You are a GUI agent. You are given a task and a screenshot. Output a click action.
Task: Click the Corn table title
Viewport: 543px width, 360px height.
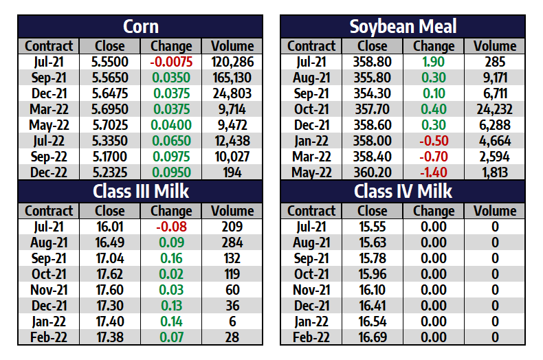pos(140,27)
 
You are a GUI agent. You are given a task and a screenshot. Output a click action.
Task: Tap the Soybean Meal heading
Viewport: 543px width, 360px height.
pos(403,27)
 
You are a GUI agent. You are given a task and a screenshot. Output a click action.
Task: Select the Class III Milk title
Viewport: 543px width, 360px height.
pos(140,191)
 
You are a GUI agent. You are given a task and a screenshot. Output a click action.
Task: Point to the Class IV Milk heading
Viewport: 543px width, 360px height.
pos(403,191)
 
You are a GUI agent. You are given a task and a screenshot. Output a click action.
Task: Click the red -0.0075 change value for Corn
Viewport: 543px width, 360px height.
pos(170,62)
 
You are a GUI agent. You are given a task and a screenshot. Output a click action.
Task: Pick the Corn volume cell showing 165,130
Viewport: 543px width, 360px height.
pos(232,78)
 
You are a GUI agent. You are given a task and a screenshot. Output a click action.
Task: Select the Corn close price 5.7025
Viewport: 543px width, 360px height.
pos(109,125)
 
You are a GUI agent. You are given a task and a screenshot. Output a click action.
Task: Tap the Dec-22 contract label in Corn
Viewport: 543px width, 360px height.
pos(49,172)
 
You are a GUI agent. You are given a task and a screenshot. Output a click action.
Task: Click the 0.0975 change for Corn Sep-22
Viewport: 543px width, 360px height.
pos(170,157)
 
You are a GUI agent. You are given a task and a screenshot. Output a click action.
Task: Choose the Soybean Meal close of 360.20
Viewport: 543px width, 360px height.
pos(373,172)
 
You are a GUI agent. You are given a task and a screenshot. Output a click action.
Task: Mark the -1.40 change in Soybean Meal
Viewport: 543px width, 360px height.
pos(434,172)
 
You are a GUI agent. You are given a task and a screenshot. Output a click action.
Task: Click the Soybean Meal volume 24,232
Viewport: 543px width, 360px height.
pos(495,109)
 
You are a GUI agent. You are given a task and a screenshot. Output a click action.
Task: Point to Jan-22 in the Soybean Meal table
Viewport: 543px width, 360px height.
pos(311,141)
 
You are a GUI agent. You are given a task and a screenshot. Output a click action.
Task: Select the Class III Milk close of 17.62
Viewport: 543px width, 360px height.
pos(109,274)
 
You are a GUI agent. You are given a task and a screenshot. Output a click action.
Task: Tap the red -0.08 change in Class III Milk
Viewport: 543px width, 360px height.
pos(170,227)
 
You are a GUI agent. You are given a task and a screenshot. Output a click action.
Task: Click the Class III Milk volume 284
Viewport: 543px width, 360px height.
pos(232,243)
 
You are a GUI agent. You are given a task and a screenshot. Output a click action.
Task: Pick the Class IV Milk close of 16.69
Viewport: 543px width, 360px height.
pos(373,337)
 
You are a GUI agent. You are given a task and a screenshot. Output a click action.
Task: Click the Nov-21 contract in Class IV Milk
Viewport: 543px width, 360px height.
pos(311,290)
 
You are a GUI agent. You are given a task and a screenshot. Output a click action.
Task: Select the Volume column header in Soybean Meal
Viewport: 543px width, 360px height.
pos(495,46)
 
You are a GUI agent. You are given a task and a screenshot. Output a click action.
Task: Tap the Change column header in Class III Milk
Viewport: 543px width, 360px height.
pos(170,211)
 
